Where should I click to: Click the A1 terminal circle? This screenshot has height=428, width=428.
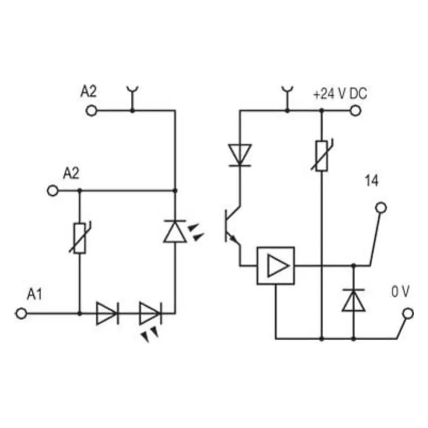point(21,313)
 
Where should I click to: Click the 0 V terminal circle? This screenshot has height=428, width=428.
point(408,313)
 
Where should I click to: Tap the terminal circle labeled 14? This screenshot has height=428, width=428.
point(381,208)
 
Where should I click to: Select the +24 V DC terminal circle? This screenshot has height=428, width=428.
point(355,110)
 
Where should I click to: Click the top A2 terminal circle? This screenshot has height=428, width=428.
point(92,111)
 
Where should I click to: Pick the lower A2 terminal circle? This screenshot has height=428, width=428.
point(53,190)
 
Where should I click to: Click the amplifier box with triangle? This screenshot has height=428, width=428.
point(276,266)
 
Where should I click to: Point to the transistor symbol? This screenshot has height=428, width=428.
point(232,226)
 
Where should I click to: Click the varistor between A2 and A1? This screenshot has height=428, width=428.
point(80,238)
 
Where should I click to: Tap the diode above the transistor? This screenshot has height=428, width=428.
point(240,155)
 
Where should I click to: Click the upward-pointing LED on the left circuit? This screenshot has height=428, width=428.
point(175,231)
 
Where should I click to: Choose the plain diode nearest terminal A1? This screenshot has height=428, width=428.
point(107,313)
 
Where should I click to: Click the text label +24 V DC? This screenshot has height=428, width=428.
point(340,94)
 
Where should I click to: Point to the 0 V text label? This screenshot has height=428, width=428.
point(401,292)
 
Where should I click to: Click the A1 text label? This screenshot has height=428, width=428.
point(34,294)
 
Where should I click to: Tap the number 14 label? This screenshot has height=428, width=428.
point(372,181)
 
